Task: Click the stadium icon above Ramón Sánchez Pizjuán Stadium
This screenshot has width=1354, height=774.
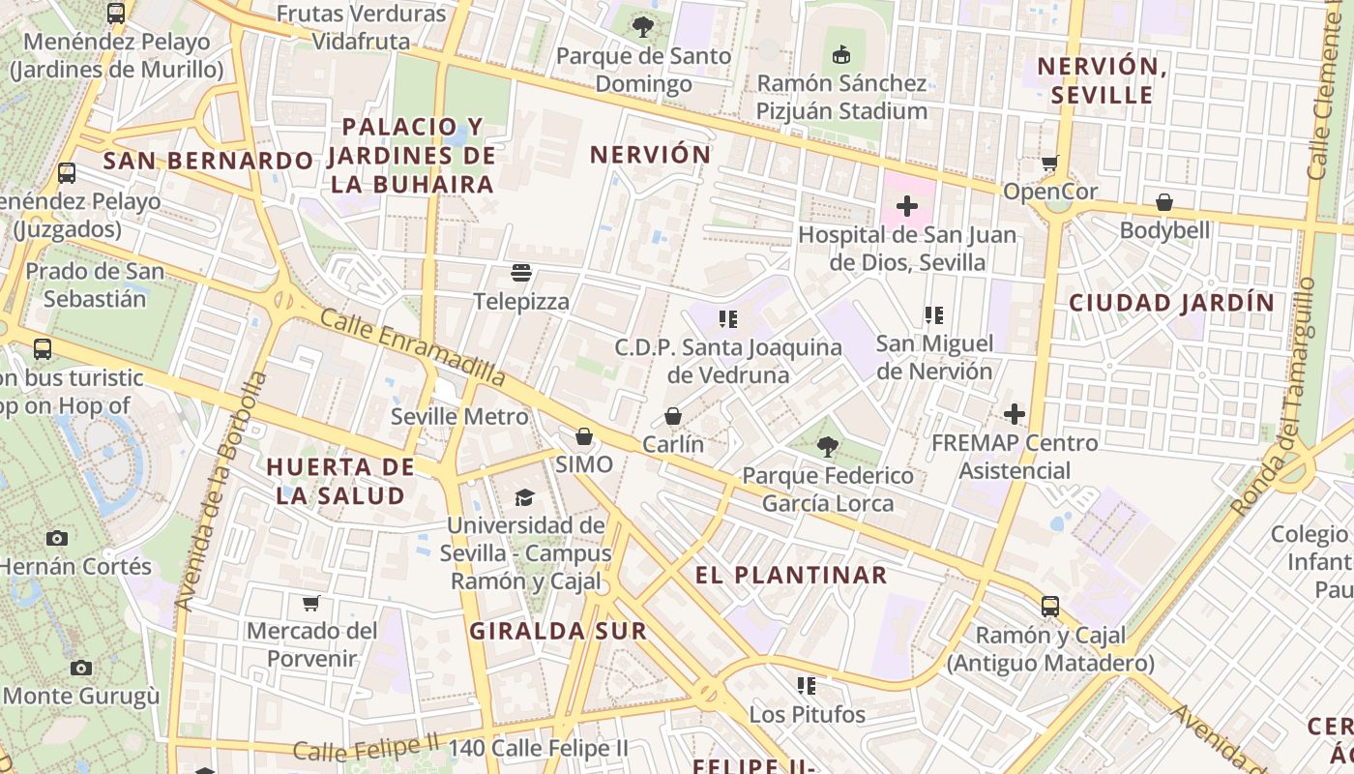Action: point(841,54)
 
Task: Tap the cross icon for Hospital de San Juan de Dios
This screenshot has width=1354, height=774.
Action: point(907,206)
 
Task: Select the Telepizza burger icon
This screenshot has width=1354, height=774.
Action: point(521,273)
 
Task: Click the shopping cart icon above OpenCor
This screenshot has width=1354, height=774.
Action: point(1050,163)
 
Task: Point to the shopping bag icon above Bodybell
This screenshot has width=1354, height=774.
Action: point(1164,202)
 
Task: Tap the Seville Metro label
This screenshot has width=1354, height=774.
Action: point(459,417)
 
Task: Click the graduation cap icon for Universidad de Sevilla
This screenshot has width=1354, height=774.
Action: point(524,497)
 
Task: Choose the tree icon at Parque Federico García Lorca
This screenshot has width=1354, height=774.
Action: point(827,446)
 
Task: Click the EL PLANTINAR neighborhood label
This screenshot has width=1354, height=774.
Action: point(791,575)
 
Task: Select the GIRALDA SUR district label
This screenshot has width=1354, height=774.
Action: point(558,631)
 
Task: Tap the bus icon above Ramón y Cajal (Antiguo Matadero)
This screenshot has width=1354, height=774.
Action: point(1050,607)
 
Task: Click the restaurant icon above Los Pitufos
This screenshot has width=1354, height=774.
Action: point(807,686)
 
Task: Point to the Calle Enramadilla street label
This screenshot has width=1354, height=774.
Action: point(413,346)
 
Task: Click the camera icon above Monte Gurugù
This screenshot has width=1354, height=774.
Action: point(81,668)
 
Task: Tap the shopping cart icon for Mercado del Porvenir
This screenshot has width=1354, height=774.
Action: point(311,603)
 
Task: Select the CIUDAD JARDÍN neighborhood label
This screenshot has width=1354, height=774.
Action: point(1172,303)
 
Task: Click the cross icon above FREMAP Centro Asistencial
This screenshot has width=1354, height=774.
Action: point(1014,414)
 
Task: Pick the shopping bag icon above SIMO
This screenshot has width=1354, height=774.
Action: point(584,436)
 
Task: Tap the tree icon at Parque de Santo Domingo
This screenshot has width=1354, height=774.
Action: point(643,27)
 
